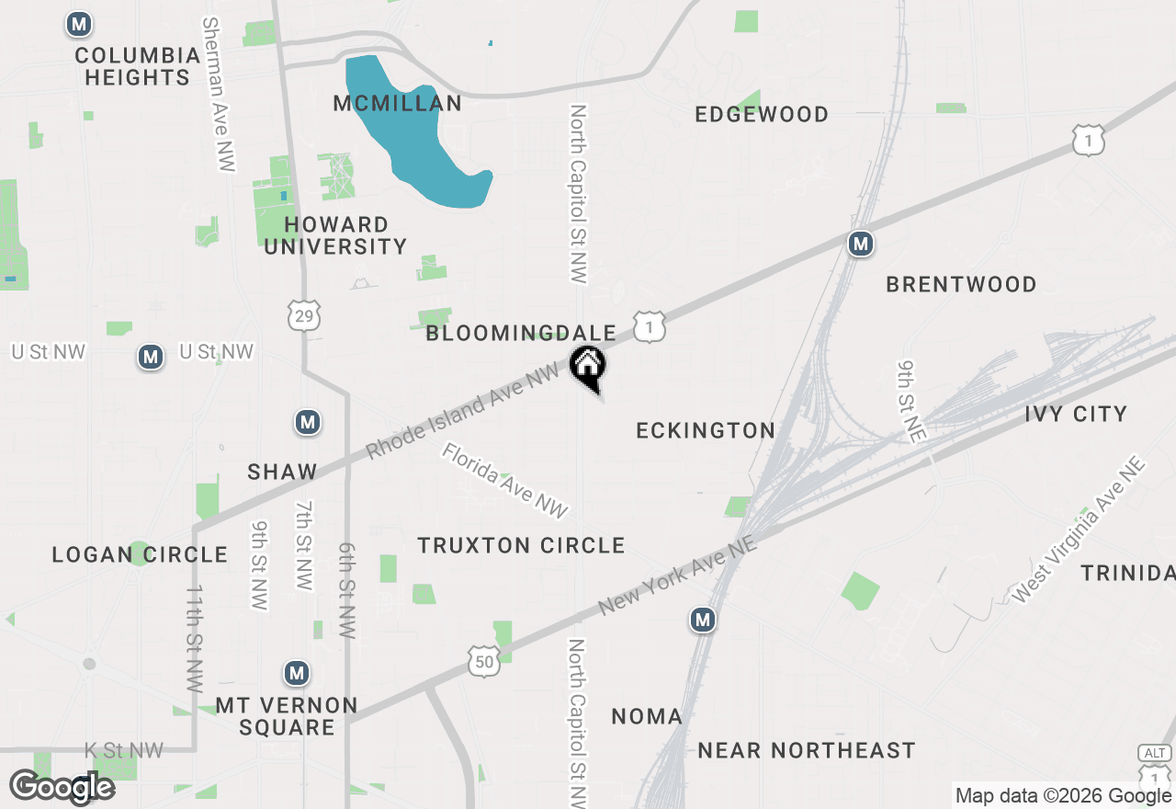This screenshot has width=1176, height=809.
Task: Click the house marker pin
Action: click(x=588, y=368)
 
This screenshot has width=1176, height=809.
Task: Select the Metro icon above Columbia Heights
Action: click(x=79, y=25)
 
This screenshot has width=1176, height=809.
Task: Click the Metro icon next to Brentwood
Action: click(x=860, y=244)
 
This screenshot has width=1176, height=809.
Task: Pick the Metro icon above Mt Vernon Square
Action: click(x=296, y=674)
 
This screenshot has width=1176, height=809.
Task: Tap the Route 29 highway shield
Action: click(x=303, y=314)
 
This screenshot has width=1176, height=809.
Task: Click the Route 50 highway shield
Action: click(x=483, y=661)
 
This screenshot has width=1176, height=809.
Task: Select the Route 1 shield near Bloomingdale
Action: click(x=649, y=327)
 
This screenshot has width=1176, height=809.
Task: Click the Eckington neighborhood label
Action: click(x=706, y=430)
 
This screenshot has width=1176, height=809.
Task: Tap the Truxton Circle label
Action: click(x=521, y=546)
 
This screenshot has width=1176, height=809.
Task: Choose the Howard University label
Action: click(x=335, y=235)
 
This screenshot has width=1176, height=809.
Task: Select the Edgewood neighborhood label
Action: click(x=762, y=114)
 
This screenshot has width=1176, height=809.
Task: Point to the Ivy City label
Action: click(x=1076, y=414)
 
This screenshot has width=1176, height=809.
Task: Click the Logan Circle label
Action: click(x=140, y=554)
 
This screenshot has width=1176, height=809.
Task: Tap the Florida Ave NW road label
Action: click(x=504, y=481)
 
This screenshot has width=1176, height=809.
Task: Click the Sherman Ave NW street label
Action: click(x=218, y=94)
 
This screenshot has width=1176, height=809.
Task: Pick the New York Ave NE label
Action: click(x=678, y=577)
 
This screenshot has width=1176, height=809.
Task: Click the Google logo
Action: click(x=62, y=787)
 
